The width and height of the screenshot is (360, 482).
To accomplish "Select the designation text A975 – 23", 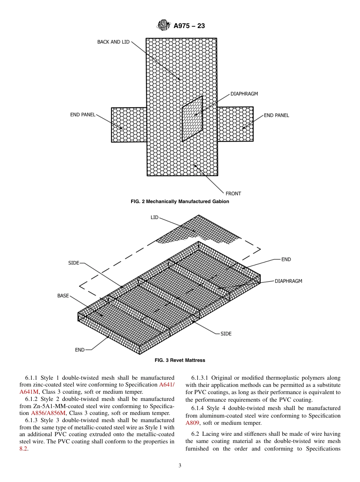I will point(189,26).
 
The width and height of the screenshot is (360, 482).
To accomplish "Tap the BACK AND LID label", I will point(113,42).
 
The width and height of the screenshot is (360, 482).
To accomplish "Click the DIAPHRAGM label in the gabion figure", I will point(244,94).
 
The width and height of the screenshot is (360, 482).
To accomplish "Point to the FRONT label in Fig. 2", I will point(233,193).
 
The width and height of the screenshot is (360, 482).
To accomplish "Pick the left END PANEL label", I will point(83,114).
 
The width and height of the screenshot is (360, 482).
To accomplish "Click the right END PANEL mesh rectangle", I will point(235,124).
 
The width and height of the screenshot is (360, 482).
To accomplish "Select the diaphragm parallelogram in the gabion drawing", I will point(192,119).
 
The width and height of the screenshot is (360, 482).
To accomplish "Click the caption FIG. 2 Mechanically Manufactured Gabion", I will point(180,202).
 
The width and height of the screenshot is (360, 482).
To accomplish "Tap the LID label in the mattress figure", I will point(155,218).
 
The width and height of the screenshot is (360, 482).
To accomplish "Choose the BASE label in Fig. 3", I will point(63,296).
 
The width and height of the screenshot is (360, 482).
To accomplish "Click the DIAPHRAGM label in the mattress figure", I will point(288,281).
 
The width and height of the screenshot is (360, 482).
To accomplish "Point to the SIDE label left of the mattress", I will point(74,263).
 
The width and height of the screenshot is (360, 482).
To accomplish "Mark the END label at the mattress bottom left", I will point(80,350).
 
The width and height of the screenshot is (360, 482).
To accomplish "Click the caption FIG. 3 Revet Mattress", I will point(180,360).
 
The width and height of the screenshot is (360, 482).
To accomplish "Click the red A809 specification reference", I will point(192,423).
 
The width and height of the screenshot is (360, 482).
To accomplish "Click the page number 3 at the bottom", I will point(180,466).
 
